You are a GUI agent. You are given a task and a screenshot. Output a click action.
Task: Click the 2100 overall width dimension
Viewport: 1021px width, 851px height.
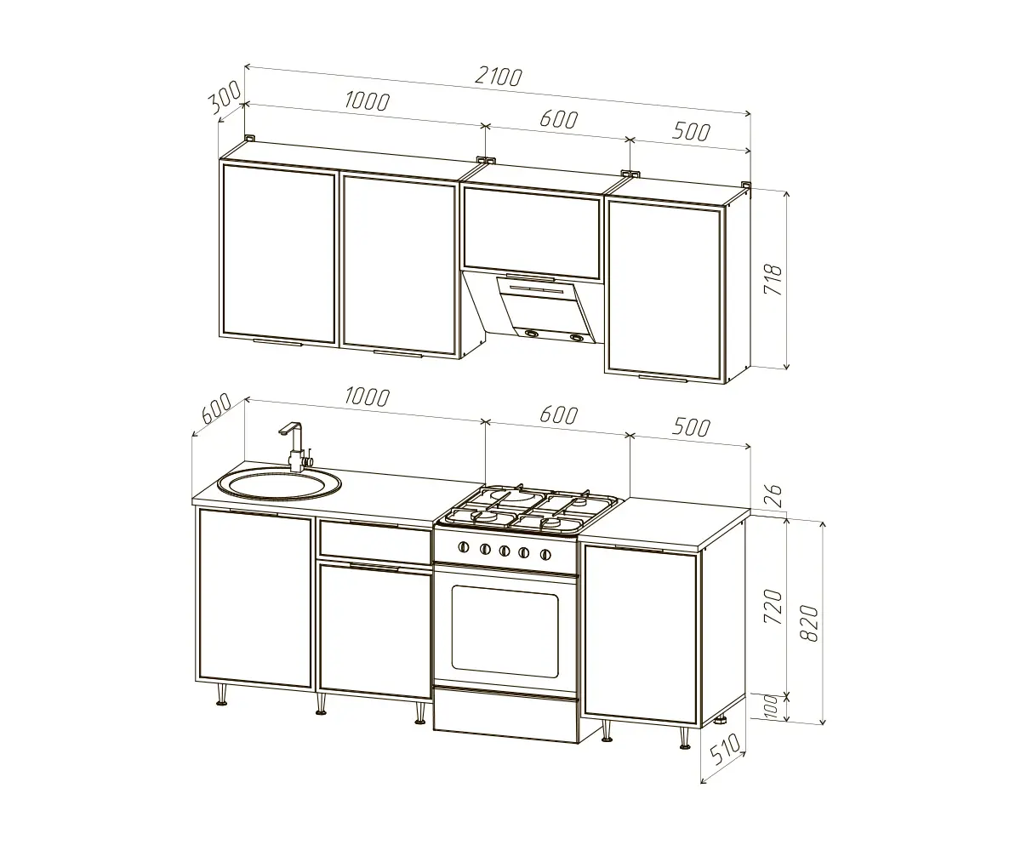pos(499,77)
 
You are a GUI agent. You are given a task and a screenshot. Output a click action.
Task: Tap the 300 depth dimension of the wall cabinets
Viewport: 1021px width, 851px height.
pos(225,97)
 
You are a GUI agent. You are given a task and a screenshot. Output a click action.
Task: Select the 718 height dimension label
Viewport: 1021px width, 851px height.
pos(773,280)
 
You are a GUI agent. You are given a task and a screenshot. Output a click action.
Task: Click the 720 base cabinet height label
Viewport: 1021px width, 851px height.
pos(773,607)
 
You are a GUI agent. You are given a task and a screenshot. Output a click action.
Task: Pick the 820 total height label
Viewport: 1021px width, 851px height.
pos(809,623)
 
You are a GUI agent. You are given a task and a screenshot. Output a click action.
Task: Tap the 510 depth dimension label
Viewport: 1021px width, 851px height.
pos(726,751)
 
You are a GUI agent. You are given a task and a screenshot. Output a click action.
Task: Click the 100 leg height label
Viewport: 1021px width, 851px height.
pos(771,706)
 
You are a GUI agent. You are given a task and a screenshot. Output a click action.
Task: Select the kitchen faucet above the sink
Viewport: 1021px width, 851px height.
pos(295,447)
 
